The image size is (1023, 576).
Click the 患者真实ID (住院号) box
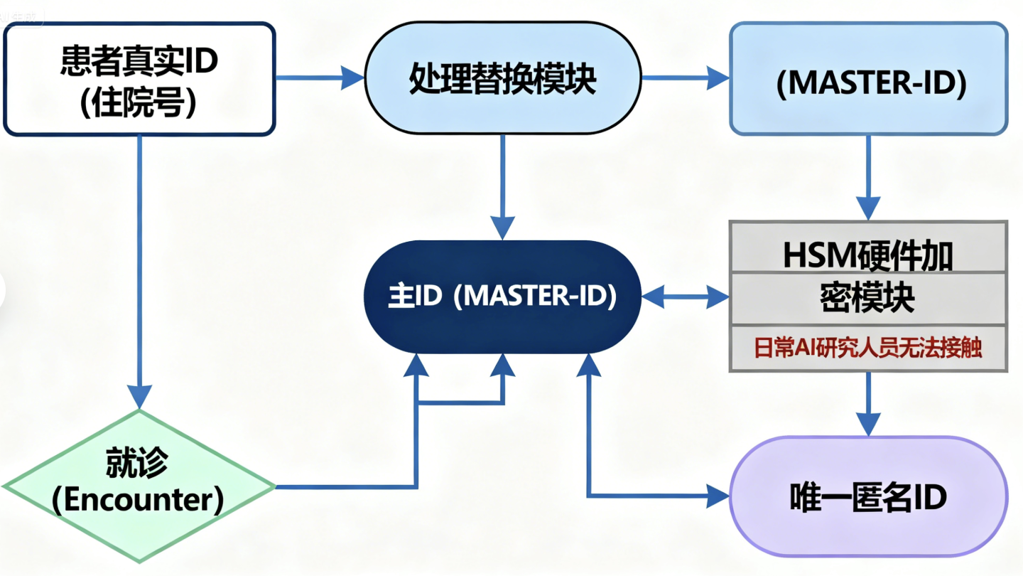coord(139,78)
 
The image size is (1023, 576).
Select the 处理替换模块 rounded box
coord(502,78)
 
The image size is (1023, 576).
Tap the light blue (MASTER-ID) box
coord(869,78)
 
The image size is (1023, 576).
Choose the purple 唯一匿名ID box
coord(869,496)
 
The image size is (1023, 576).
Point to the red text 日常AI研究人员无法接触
coord(868,349)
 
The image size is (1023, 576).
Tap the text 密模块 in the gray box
coord(868,299)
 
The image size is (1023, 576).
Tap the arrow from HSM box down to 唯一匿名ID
coord(869,402)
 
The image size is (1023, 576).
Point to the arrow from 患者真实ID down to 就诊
coord(140,270)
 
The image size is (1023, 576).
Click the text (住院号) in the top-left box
coord(139,104)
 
